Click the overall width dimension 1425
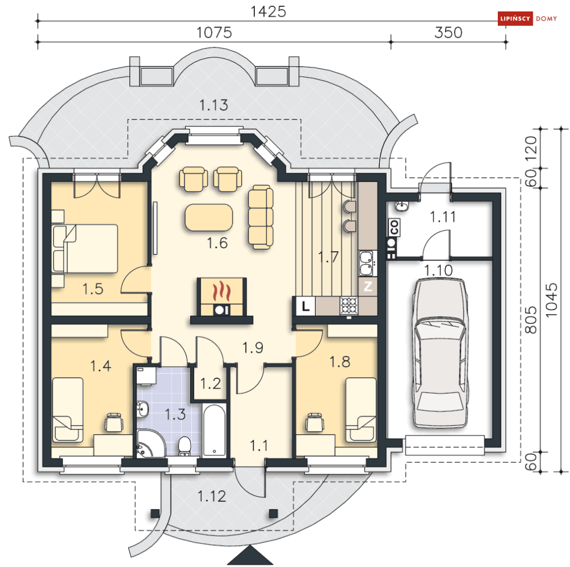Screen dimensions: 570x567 click(x=268, y=11)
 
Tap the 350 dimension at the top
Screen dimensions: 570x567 click(x=448, y=33)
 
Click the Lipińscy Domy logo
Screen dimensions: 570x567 click(x=528, y=18)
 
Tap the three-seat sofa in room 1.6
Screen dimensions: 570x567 click(x=261, y=217)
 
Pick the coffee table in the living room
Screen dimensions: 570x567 click(x=209, y=217)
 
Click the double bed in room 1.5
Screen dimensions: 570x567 click(x=85, y=248)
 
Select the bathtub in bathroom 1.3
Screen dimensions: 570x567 click(x=214, y=430)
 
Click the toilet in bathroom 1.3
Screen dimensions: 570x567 click(x=184, y=446)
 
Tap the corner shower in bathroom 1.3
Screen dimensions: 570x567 click(x=151, y=443)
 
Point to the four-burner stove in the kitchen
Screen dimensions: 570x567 click(x=349, y=306)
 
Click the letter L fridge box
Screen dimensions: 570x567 click(x=305, y=306)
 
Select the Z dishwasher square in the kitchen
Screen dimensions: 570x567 click(x=368, y=287)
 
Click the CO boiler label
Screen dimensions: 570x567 click(x=395, y=227)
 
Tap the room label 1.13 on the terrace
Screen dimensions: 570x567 click(x=214, y=105)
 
